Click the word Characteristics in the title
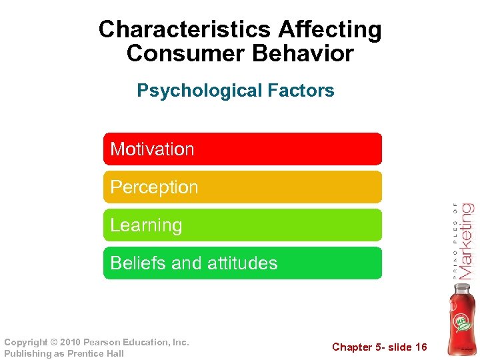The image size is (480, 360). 185,30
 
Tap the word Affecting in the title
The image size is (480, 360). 330,30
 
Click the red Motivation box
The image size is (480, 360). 243,149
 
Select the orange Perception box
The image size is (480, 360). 243,187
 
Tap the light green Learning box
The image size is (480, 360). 243,225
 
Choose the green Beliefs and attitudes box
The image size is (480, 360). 243,263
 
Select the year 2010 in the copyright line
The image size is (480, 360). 69,343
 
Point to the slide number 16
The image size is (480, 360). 421,347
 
